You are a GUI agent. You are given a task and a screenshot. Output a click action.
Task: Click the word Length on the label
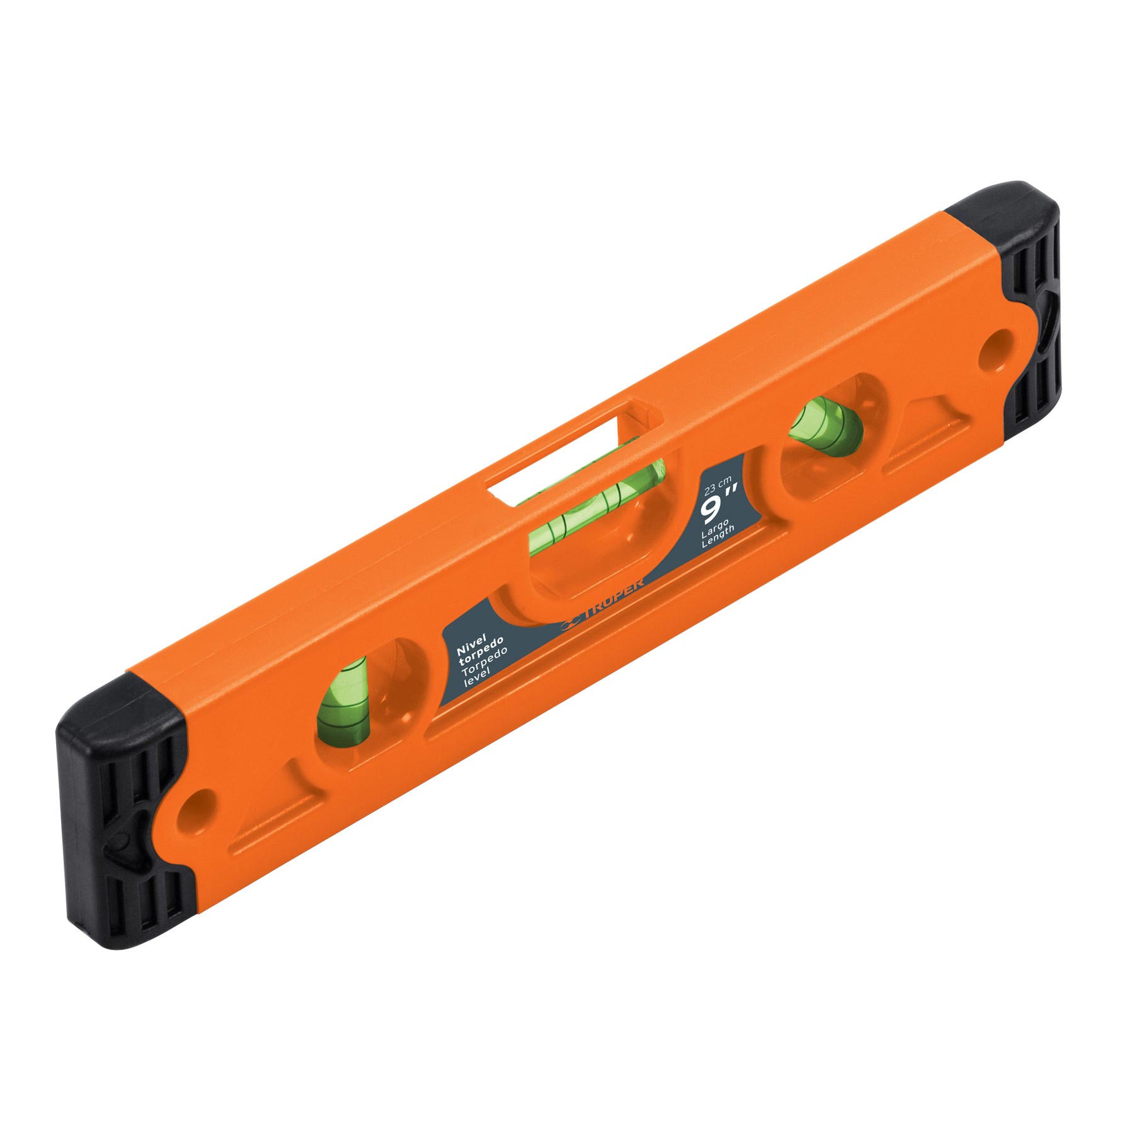point(727,532)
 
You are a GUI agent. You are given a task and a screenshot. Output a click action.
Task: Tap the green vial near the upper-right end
point(825,425)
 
